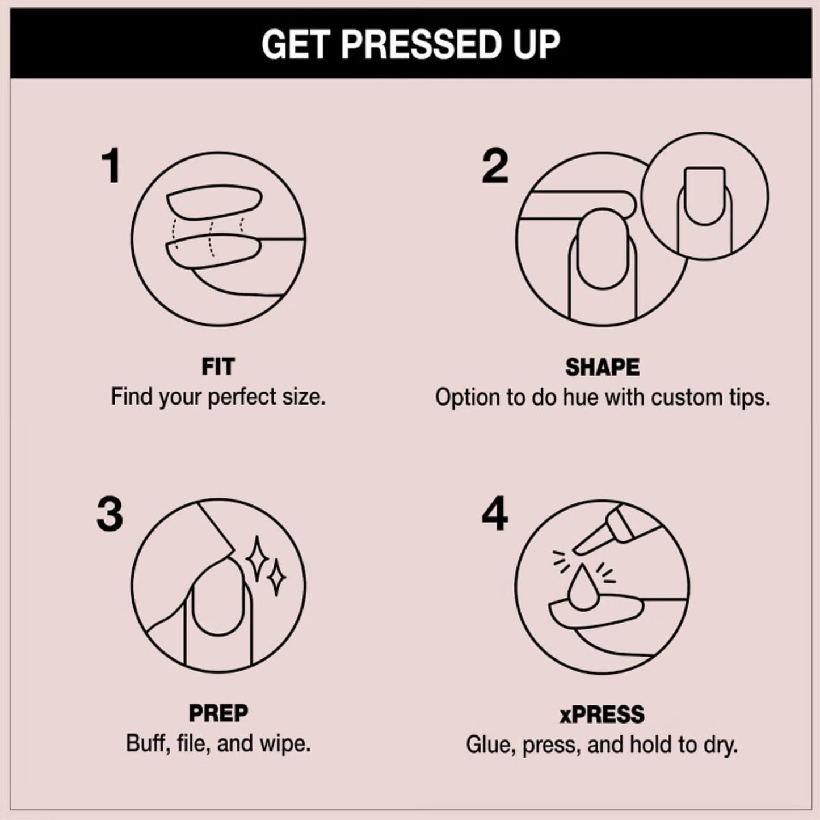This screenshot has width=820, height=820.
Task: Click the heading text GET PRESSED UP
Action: pos(410,44)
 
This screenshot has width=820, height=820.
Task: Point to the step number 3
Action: pos(110,514)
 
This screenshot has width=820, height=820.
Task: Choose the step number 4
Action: pos(495,514)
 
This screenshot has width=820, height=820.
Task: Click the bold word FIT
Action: pos(218,367)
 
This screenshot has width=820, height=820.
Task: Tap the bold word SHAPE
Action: pos(602,367)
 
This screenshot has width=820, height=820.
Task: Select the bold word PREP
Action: pos(218,713)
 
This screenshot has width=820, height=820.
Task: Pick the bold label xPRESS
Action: pos(602,714)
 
